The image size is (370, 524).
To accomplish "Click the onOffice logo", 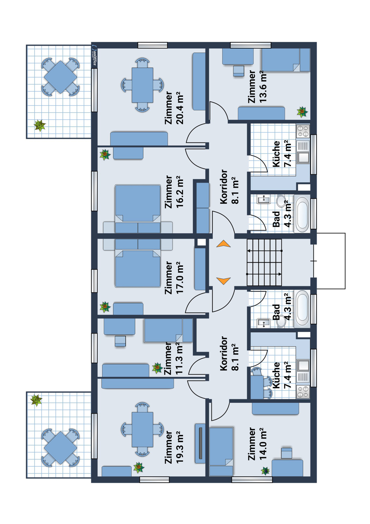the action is [94, 55].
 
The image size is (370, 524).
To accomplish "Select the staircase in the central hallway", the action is [264, 262].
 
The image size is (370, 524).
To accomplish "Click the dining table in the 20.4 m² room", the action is [143, 85].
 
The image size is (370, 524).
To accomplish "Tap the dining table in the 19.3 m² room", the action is [143, 430].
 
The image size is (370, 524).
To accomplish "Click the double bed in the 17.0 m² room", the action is [138, 269].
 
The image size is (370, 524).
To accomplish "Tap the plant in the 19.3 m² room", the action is [139, 467].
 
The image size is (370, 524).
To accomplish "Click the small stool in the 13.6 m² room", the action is [239, 71].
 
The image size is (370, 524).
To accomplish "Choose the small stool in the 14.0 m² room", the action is [287, 453].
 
